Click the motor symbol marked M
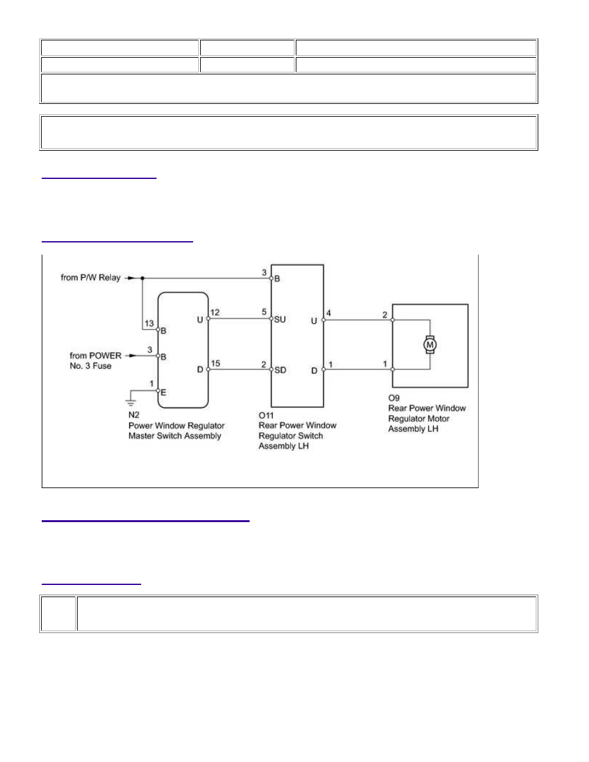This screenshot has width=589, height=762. [430, 344]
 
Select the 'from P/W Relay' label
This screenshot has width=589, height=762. [90, 278]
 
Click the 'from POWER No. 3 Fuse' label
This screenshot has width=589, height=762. [95, 360]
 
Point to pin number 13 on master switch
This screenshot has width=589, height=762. [149, 324]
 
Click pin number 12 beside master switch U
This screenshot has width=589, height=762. [215, 312]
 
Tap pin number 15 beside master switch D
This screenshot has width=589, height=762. [216, 364]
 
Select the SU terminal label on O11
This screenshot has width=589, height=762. [280, 319]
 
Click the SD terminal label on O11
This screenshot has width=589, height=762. [280, 370]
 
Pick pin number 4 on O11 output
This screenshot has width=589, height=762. [329, 313]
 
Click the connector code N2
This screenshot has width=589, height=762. [133, 415]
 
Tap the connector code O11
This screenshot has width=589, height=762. [266, 416]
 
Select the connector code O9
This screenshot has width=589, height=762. [394, 398]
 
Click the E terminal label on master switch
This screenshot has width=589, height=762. [163, 392]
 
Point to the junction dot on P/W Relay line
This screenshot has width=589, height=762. [142, 278]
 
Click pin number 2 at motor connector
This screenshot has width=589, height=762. [385, 315]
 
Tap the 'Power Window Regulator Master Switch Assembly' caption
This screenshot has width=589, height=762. [176, 431]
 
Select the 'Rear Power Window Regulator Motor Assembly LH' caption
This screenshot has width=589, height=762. [427, 418]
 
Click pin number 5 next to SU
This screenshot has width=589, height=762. [264, 312]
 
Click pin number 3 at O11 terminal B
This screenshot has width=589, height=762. [264, 273]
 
